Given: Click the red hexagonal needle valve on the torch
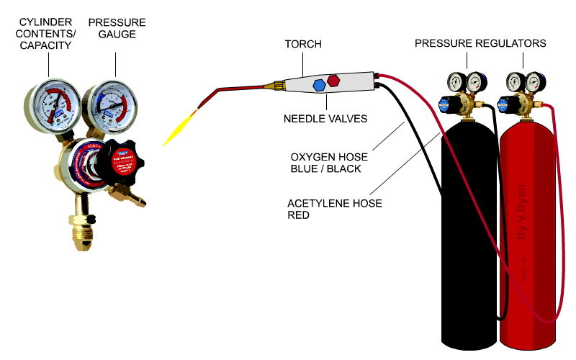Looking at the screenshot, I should click(x=334, y=79).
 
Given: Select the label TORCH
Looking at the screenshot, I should click(x=303, y=45).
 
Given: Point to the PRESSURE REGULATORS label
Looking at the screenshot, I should click(x=480, y=44).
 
